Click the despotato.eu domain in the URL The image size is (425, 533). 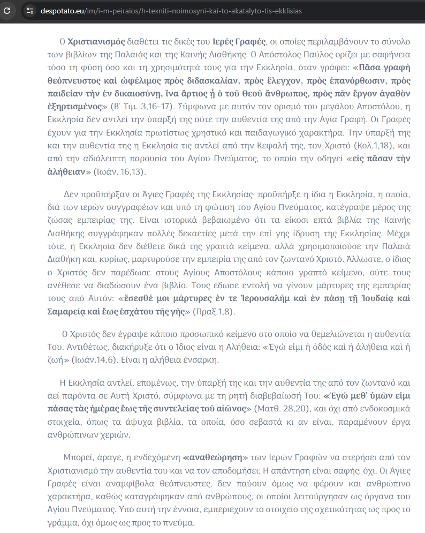(63, 11)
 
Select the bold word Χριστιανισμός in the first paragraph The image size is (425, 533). (97, 41)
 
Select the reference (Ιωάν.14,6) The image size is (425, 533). (97, 358)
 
